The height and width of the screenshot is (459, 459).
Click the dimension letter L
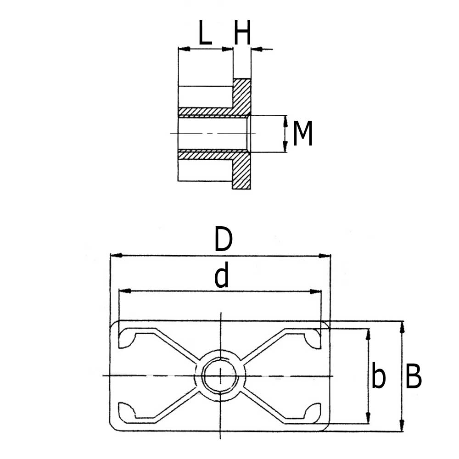click(x=205, y=34)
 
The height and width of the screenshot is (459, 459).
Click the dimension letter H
click(x=242, y=34)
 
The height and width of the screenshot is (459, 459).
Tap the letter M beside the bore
click(x=302, y=134)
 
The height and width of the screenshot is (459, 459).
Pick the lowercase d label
click(x=222, y=277)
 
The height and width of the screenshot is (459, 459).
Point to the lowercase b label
click(x=378, y=377)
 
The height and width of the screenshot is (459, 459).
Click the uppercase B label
click(x=414, y=377)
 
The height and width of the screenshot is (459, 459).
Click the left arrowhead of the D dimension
click(x=115, y=255)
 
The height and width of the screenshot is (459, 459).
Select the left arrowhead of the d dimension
click(x=124, y=291)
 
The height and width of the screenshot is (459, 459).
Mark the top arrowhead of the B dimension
click(x=403, y=326)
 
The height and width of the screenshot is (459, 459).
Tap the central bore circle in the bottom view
click(x=220, y=375)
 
